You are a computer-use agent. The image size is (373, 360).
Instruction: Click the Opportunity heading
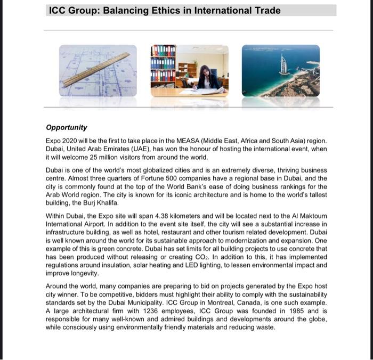tap(66, 128)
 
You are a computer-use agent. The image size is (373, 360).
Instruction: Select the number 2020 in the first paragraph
tap(72, 141)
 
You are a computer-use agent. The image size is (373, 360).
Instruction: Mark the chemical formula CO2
tap(189, 257)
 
